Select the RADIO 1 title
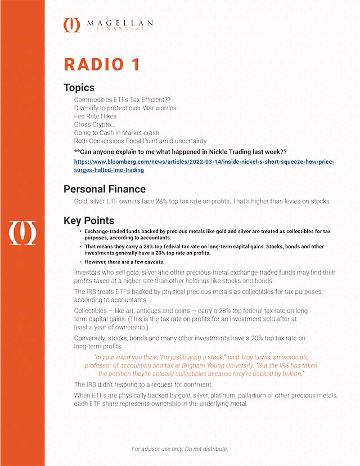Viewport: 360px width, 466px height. pyautogui.click(x=102, y=64)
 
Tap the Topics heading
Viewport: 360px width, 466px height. pyautogui.click(x=79, y=88)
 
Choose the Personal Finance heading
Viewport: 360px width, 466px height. pyautogui.click(x=105, y=189)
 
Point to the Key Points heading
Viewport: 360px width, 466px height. pyautogui.click(x=89, y=221)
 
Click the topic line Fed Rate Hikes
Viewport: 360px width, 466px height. pyautogui.click(x=96, y=116)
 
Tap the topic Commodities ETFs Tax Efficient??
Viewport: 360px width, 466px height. pyautogui.click(x=122, y=100)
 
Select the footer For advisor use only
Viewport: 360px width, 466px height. pyautogui.click(x=179, y=449)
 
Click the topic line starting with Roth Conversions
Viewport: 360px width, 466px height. pyautogui.click(x=141, y=141)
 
